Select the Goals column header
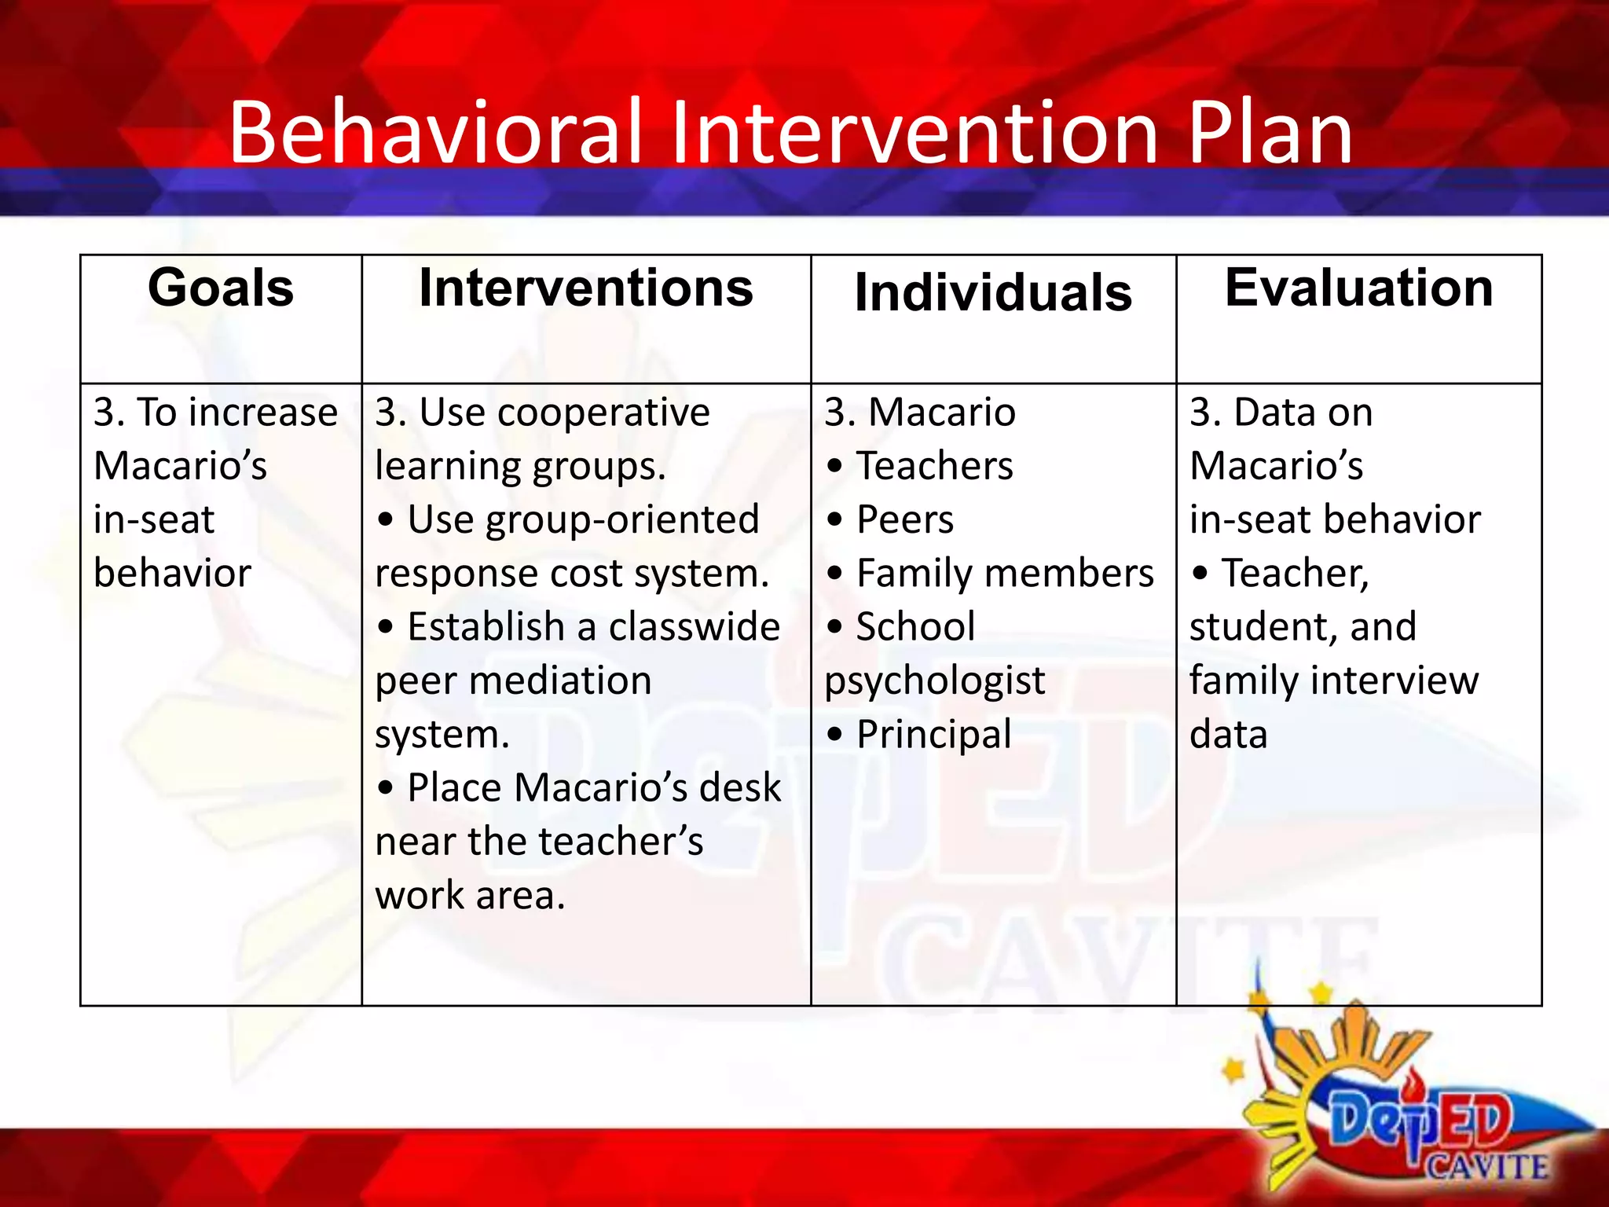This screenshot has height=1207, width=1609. tap(221, 288)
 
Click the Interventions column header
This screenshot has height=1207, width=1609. tap(586, 288)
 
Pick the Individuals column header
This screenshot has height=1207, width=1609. tap(993, 292)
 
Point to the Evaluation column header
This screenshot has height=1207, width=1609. tap(1358, 288)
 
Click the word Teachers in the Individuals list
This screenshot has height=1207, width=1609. tap(934, 466)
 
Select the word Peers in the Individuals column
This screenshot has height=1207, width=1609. tap(905, 519)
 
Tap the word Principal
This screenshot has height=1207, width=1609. tap(933, 735)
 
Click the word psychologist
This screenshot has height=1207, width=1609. tap(934, 681)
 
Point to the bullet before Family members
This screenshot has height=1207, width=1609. tap(834, 574)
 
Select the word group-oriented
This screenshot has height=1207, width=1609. tap(622, 520)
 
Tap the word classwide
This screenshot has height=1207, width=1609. tap(694, 627)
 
